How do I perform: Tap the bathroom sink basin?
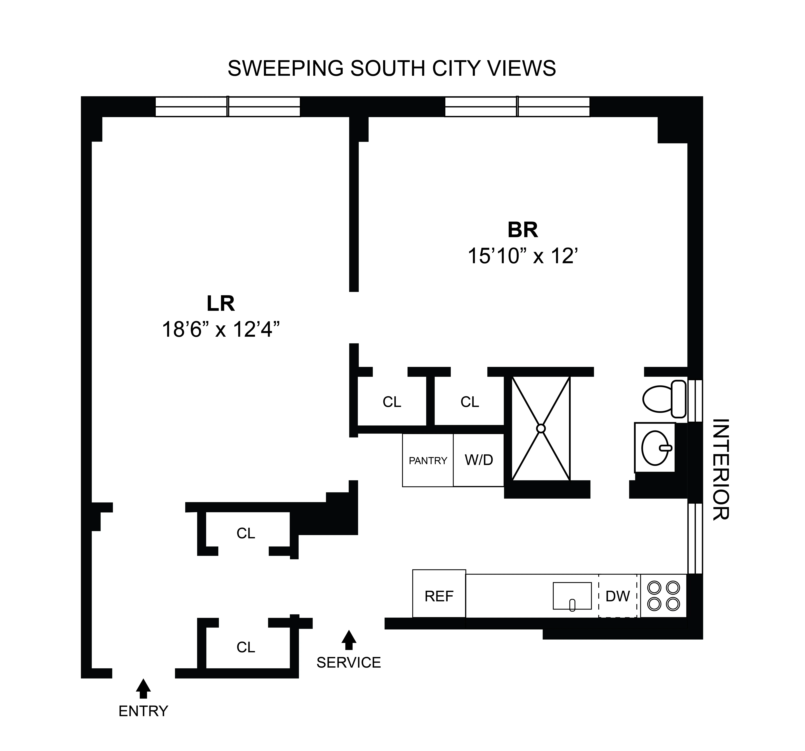(655, 448)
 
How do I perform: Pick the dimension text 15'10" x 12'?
(522, 256)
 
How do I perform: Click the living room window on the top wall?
(228, 106)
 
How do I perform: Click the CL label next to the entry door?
(246, 647)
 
